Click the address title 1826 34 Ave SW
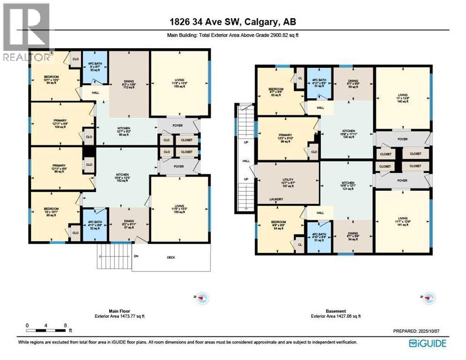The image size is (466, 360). click(x=233, y=22)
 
